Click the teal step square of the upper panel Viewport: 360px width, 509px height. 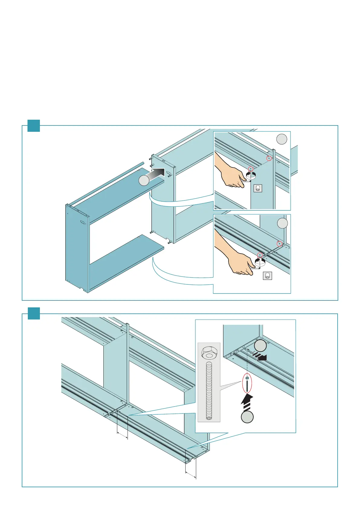34,126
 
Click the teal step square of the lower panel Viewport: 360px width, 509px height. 34,313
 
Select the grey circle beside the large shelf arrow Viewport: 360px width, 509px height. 144,180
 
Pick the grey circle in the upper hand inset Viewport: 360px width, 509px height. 282,139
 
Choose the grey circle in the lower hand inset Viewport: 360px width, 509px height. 283,223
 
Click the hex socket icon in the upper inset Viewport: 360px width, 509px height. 258,188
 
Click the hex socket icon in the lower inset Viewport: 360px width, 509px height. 267,276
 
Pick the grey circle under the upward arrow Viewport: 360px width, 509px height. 247,417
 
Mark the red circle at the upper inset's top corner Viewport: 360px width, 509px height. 269,158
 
